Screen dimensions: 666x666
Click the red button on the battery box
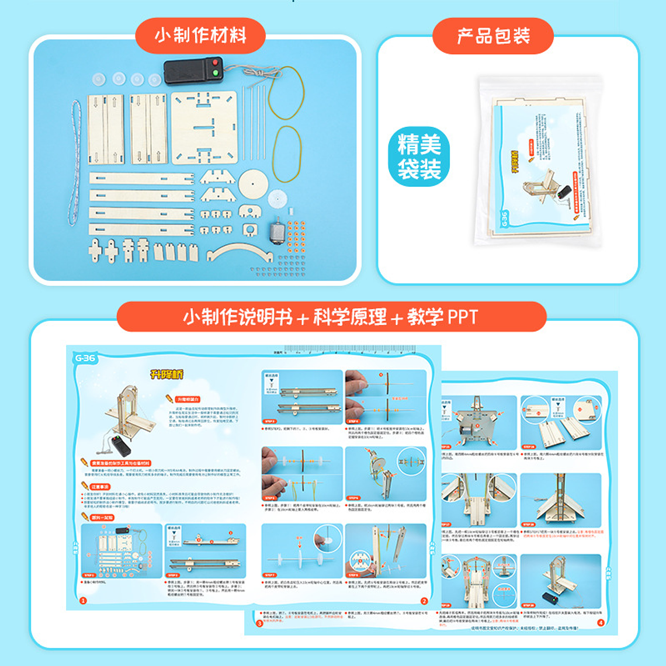pos(215,63)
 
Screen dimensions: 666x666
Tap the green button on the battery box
pos(215,73)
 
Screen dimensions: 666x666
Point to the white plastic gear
pos(279,199)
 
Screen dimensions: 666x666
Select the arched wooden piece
pos(240,252)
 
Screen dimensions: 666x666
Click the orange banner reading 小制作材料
pos(200,35)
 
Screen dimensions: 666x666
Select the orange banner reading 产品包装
pos(492,36)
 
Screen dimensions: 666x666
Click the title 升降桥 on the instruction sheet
pos(166,374)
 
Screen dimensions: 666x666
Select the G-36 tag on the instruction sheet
pos(85,358)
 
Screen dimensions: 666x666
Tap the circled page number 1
pos(83,601)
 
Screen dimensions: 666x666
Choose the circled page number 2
pos(424,601)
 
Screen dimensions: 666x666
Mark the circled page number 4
pos(601,623)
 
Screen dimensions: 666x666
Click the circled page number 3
pos(259,623)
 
